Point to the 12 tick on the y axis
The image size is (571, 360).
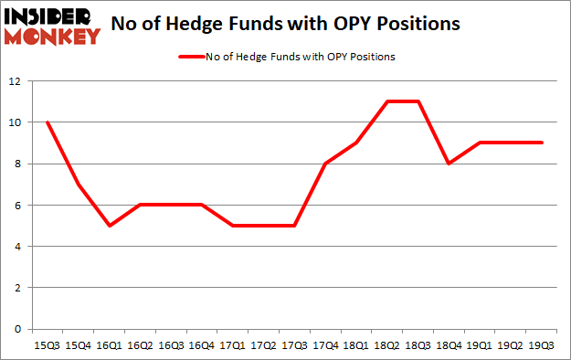pyautogui.click(x=16, y=81)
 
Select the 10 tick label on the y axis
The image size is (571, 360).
pyautogui.click(x=16, y=122)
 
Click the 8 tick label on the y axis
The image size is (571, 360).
pyautogui.click(x=18, y=164)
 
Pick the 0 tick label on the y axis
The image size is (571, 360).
pyautogui.click(x=18, y=329)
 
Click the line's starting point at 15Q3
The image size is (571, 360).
pyautogui.click(x=46, y=122)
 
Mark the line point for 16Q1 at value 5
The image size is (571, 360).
pyautogui.click(x=109, y=226)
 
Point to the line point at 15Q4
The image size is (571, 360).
pyautogui.click(x=78, y=185)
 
